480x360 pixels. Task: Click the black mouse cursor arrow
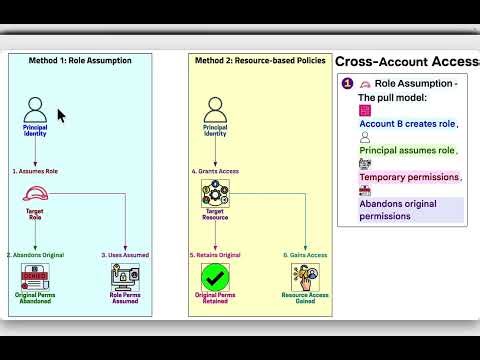click(x=61, y=116)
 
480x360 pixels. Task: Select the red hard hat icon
click(x=34, y=196)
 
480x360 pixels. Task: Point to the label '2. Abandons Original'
click(x=35, y=255)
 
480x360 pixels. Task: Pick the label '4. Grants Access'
click(x=214, y=172)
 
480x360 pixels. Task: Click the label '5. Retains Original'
click(x=214, y=255)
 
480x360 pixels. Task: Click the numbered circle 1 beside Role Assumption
click(x=347, y=84)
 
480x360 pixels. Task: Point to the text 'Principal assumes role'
click(x=408, y=151)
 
